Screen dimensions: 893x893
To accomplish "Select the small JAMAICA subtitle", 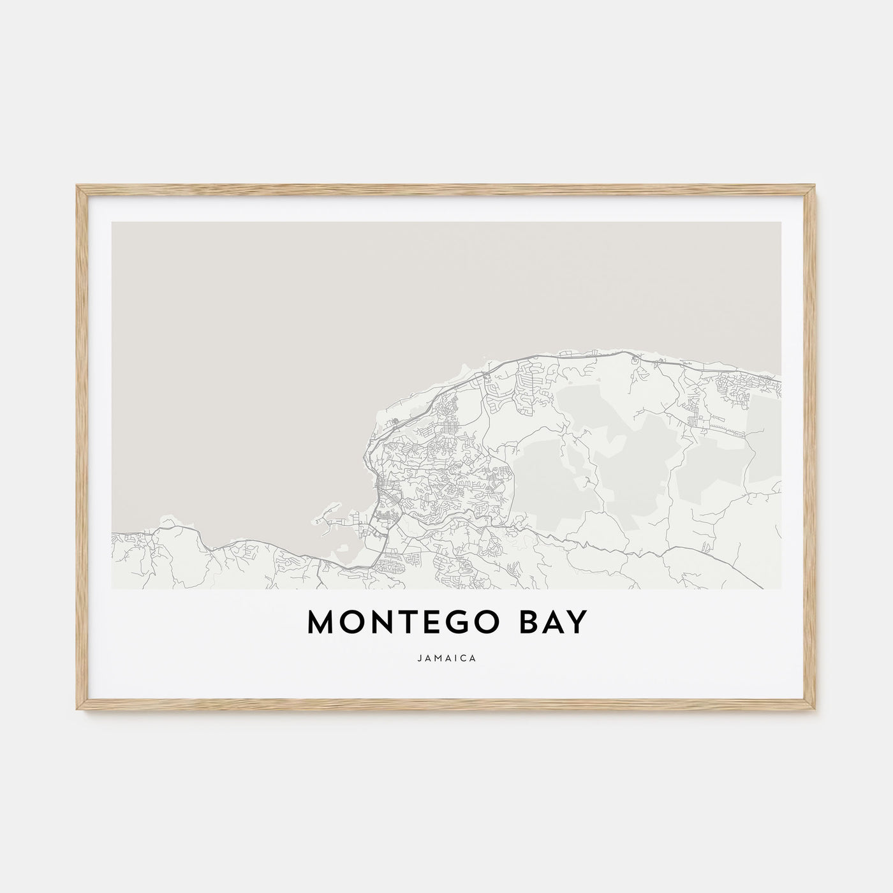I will (x=447, y=658).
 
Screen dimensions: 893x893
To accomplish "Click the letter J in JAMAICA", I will (x=420, y=658).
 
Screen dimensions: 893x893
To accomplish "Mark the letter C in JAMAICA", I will (x=464, y=658).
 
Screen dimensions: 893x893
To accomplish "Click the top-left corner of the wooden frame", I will (x=78, y=186).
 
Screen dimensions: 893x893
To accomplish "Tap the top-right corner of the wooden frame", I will (x=816, y=186).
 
